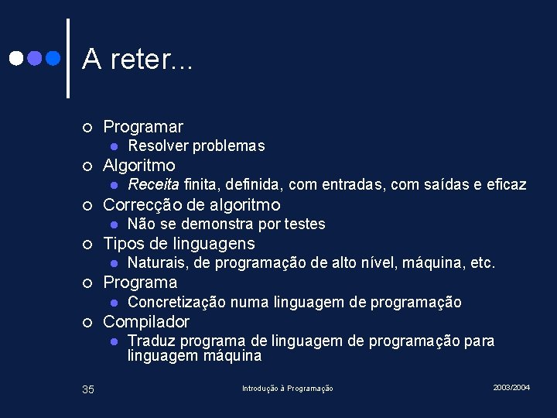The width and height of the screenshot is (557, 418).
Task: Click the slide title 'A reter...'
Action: (137, 58)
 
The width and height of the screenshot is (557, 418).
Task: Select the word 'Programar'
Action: (143, 126)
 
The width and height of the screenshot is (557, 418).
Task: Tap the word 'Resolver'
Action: (158, 146)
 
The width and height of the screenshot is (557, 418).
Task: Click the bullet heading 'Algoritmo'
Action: (139, 165)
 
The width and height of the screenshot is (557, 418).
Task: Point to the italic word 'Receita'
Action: (153, 184)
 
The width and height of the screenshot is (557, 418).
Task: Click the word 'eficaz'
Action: (506, 184)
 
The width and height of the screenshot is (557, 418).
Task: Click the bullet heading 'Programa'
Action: (140, 282)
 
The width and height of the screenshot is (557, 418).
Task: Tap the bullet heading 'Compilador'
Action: (146, 321)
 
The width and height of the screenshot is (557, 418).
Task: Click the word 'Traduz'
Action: (149, 341)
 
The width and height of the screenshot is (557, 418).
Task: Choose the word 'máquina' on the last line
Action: (234, 355)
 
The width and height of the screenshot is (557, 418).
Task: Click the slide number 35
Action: (88, 389)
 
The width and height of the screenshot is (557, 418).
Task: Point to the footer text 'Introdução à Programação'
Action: (287, 388)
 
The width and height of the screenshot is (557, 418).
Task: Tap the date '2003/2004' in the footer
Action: (511, 387)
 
